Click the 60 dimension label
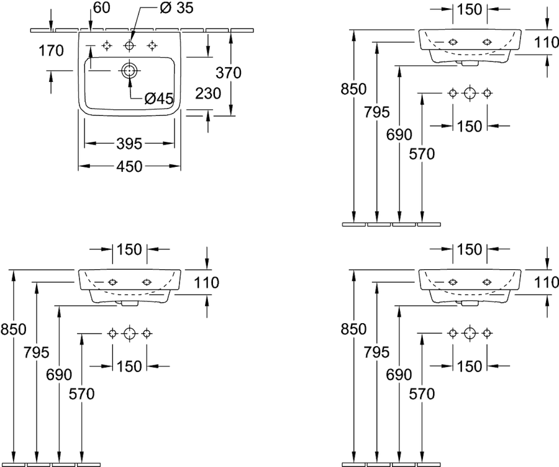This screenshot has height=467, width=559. tap(102, 7)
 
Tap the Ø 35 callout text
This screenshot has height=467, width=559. tap(176, 8)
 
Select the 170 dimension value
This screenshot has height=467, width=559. tap(51, 50)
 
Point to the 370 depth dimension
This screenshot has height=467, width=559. tap(229, 73)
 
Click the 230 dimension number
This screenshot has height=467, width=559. tap(208, 93)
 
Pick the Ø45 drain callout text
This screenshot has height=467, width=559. tap(159, 98)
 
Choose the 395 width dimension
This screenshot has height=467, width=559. tap(129, 144)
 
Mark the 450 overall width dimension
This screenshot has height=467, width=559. tap(129, 166)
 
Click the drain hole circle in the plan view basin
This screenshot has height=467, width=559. tap(129, 71)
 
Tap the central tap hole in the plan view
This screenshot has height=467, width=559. tap(129, 45)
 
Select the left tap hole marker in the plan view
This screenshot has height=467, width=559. tap(106, 45)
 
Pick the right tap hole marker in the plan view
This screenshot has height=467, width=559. tap(152, 45)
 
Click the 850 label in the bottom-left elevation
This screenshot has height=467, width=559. tap(13, 329)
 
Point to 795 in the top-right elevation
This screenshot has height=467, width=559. tap(377, 112)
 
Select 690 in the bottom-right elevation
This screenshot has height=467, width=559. tap(399, 375)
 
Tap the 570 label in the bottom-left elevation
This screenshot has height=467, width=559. tap(81, 394)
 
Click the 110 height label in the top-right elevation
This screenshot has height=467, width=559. tap(547, 42)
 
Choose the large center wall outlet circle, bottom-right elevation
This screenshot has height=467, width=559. tap(470, 333)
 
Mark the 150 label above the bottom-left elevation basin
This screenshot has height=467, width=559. tap(129, 249)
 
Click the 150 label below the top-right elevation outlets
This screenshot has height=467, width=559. tap(469, 126)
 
